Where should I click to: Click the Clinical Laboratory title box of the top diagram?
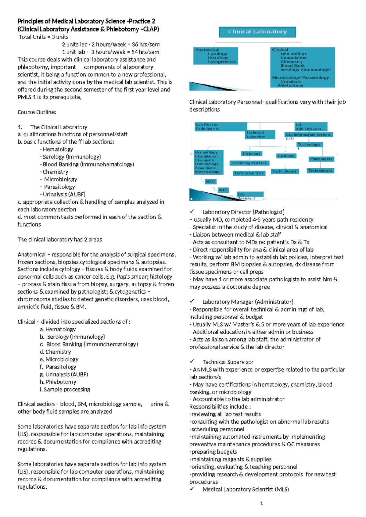click(257, 32)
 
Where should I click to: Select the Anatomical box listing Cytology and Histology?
click(216, 55)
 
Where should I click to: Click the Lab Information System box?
click(308, 134)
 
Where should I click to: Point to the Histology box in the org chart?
click(251, 154)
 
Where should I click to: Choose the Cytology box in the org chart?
click(286, 156)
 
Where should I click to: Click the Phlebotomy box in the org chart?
click(321, 159)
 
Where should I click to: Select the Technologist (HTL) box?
click(249, 163)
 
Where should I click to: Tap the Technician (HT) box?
click(249, 173)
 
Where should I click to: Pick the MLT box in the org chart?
click(223, 190)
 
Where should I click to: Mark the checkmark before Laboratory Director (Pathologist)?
click(192, 212)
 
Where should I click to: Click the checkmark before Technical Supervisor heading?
click(192, 362)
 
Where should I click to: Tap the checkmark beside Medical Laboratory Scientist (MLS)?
click(192, 489)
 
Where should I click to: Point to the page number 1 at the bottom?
click(262, 504)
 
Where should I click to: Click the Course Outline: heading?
click(37, 112)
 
